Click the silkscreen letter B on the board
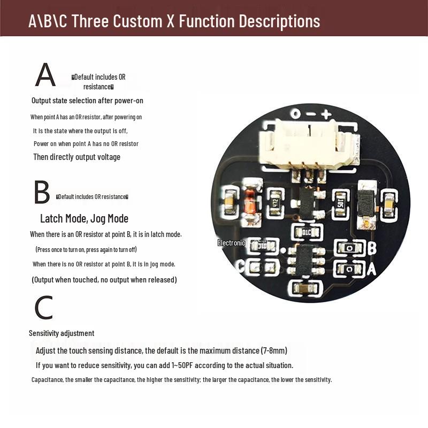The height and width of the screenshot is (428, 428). click(372, 248)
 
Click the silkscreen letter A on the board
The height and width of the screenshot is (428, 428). click(371, 269)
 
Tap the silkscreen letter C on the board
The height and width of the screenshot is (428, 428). click(240, 266)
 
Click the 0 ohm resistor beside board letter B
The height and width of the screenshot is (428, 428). click(350, 248)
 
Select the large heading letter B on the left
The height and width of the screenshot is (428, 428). click(42, 193)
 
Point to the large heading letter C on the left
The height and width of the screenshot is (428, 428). click(43, 308)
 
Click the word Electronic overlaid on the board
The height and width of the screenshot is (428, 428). click(231, 243)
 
